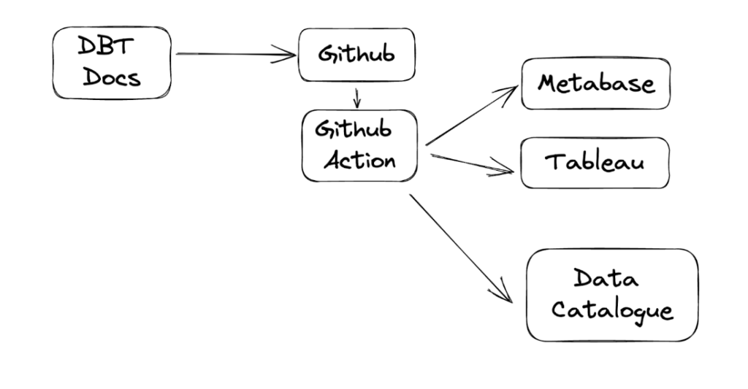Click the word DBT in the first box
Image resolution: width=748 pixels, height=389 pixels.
[x=105, y=46]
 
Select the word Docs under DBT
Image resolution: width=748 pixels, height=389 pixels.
[x=112, y=77]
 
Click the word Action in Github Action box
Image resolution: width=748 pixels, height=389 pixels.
[x=359, y=160]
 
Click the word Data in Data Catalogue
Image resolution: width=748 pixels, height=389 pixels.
[x=606, y=277]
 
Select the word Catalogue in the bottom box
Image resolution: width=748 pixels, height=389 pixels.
[x=613, y=310]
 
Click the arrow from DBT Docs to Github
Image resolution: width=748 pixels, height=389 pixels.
[x=236, y=54]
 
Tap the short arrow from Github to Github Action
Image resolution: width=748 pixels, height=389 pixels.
[x=356, y=99]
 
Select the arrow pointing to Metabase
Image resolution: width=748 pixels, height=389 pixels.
[x=471, y=115]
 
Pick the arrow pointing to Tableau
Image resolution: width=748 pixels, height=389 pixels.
[x=473, y=163]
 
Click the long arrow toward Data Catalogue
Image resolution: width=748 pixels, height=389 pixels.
[x=461, y=248]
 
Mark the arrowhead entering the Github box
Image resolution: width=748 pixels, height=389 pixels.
[x=286, y=54]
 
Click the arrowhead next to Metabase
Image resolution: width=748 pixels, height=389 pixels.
[x=508, y=93]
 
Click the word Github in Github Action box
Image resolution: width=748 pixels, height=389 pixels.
[x=354, y=129]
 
